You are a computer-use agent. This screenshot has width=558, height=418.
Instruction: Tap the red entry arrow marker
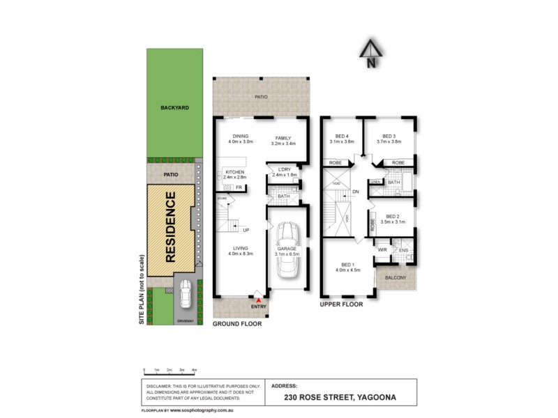click(x=259, y=299)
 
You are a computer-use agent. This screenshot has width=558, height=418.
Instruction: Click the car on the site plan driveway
click(x=186, y=295)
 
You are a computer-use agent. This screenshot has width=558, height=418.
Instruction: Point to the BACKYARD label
click(x=174, y=108)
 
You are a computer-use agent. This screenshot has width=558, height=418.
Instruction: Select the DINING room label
click(x=240, y=138)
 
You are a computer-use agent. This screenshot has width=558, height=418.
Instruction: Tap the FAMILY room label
click(x=282, y=138)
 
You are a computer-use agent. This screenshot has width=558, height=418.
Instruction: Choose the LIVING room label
click(x=240, y=248)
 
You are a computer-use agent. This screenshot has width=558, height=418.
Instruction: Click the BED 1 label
click(x=347, y=264)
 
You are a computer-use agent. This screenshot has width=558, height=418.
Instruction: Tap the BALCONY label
click(x=396, y=277)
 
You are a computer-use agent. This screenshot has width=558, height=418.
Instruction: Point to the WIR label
click(x=382, y=249)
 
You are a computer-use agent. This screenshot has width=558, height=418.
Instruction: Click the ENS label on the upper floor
click(x=403, y=249)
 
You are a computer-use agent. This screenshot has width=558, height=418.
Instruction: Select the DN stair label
click(x=355, y=192)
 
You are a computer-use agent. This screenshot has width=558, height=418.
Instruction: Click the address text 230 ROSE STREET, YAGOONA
click(x=340, y=397)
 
